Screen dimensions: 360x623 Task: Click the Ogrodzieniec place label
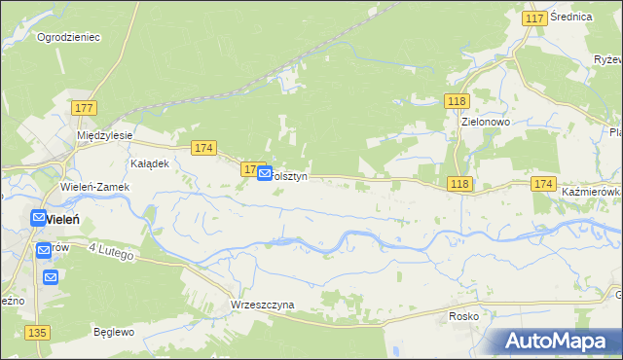[68, 37]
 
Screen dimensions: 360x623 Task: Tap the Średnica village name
[571, 18]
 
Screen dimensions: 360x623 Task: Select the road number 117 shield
[533, 18]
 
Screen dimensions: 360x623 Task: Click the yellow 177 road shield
[83, 107]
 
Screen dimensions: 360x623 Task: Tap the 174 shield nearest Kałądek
[202, 148]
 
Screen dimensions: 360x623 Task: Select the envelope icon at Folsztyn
[265, 174]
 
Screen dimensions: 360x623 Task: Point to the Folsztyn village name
[290, 177]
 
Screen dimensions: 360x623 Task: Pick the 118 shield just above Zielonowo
[457, 101]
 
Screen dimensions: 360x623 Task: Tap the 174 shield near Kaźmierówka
[543, 184]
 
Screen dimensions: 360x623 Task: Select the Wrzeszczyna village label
[262, 305]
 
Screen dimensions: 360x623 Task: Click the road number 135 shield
[38, 333]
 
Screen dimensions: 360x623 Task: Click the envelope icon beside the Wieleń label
[39, 219]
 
